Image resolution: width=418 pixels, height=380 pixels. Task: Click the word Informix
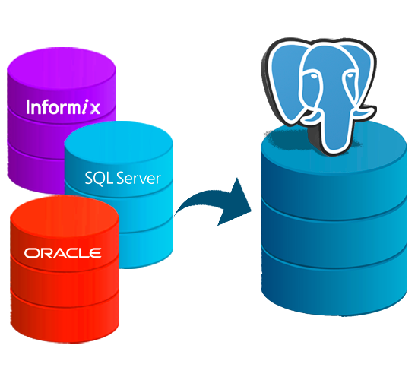point(63,107)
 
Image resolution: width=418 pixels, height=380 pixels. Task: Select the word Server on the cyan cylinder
point(138,178)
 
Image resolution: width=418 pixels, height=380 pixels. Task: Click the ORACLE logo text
point(62,253)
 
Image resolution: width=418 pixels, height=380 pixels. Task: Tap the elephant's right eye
point(350,76)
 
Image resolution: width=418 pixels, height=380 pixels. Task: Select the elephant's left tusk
point(311,117)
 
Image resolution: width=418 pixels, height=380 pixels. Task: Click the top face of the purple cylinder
point(62,68)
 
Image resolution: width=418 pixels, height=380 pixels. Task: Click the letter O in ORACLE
point(31,253)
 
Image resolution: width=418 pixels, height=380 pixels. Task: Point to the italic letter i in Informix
point(85,107)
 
